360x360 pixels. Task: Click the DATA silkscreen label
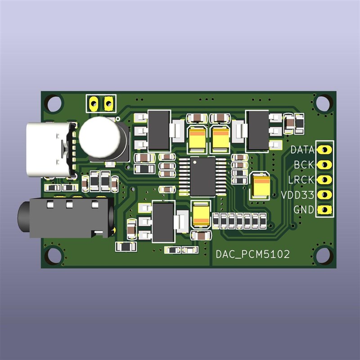[x=301, y=149]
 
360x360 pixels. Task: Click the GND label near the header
[x=304, y=210]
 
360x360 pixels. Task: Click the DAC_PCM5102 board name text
[x=252, y=255]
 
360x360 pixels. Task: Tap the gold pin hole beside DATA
[x=324, y=149]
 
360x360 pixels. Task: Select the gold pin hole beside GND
[x=324, y=210]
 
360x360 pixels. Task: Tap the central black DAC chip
[x=202, y=176]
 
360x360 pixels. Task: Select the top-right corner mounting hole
[x=322, y=103]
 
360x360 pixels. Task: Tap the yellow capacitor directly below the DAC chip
[x=201, y=214]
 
